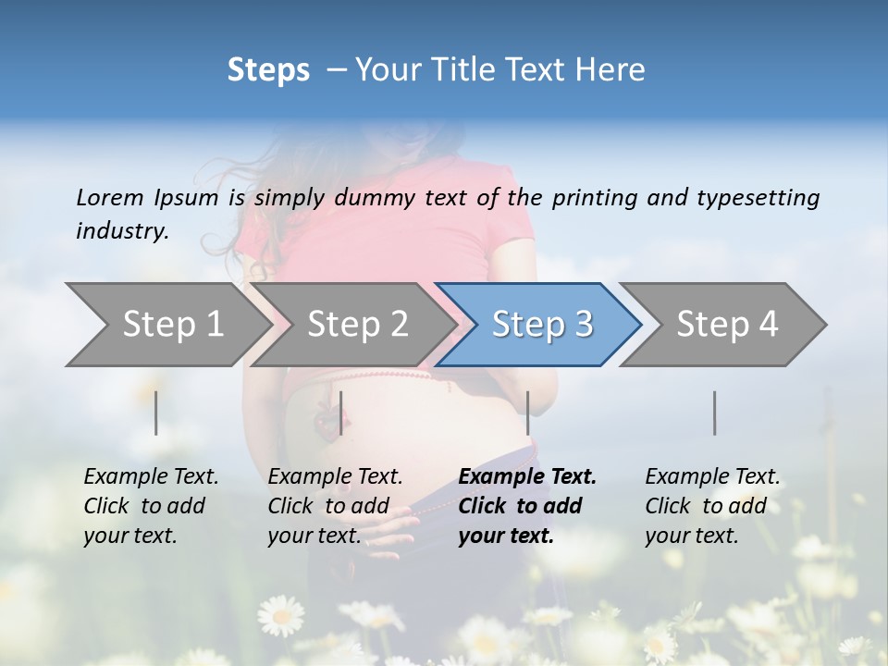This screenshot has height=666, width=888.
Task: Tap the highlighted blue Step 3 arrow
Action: (542, 325)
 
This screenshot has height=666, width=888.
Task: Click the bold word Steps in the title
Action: (268, 70)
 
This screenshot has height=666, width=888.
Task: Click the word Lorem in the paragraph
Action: (109, 198)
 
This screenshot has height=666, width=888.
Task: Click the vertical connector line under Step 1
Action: (156, 413)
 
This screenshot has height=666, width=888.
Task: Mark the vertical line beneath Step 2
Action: (341, 413)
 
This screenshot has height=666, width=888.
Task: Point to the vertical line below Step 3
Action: (527, 413)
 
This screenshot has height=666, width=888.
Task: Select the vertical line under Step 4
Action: (714, 413)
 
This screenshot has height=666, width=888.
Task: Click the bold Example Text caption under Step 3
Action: (527, 477)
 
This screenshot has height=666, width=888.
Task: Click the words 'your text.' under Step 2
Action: (314, 536)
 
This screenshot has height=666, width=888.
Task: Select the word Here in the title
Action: (610, 70)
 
